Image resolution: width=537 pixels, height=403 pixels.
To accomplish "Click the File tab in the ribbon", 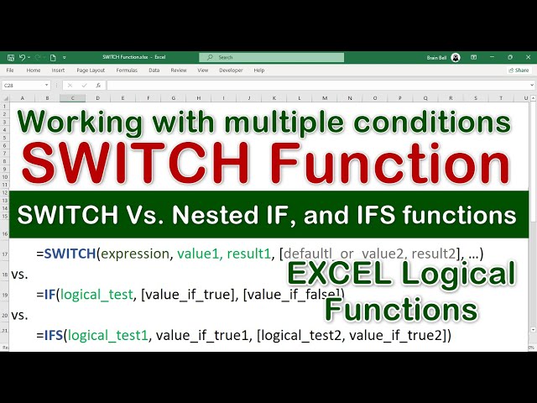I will click(10, 71).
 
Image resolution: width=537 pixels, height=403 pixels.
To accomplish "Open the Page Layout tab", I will click(91, 71).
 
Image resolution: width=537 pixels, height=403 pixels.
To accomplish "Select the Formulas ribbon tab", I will click(127, 71).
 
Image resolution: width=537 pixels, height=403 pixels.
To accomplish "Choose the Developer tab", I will click(230, 71).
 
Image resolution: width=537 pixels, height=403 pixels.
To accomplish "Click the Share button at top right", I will click(519, 71).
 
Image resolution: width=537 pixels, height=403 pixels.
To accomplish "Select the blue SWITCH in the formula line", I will click(70, 253).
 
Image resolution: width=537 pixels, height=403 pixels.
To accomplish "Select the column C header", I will click(73, 98).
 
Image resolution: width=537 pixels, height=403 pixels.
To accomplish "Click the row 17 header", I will click(6, 253).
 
